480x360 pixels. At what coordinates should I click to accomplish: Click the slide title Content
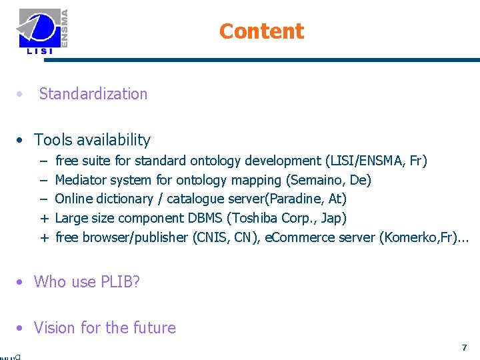[x=261, y=31]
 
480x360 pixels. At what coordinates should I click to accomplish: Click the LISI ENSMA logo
[x=43, y=31]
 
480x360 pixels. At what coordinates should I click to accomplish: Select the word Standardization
[x=93, y=94]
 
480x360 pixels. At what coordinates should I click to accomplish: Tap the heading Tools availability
[x=92, y=140]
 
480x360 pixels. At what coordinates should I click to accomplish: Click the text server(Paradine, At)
[x=297, y=199]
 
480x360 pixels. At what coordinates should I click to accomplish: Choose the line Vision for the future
[x=105, y=328]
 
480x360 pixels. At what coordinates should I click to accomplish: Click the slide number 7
[x=464, y=348]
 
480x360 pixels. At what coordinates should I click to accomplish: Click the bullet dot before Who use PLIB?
[x=22, y=282]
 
